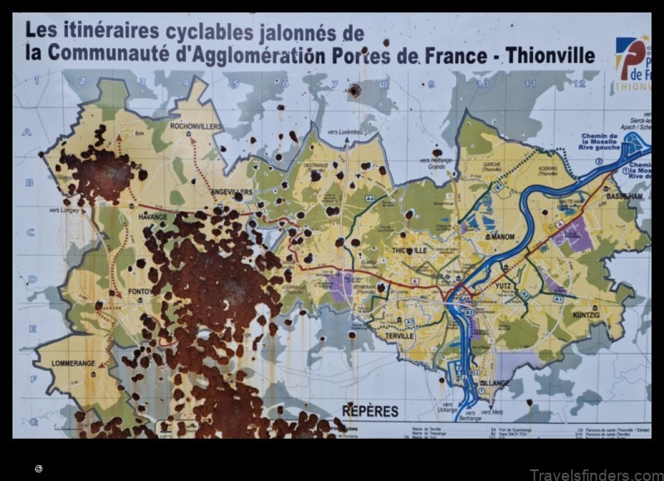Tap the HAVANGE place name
tap(153, 217)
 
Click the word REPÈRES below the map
tap(370, 411)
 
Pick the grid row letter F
tap(34, 377)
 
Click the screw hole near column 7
tap(354, 90)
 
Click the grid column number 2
tap(88, 81)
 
